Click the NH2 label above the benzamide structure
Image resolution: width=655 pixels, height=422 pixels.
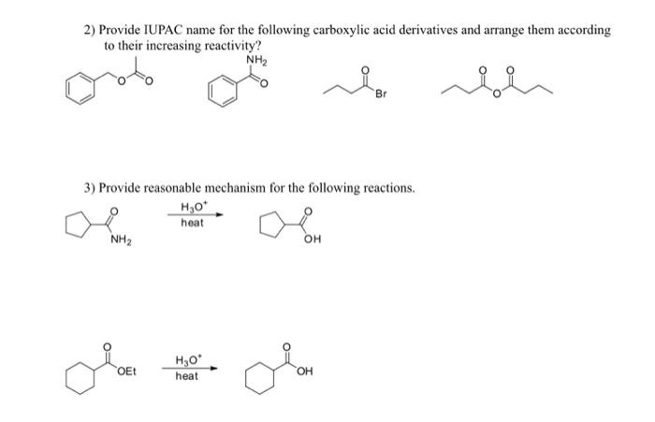tap(255, 62)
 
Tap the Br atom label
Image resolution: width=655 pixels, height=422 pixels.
tap(383, 96)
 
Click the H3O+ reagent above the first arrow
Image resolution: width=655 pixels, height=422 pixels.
tap(190, 208)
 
